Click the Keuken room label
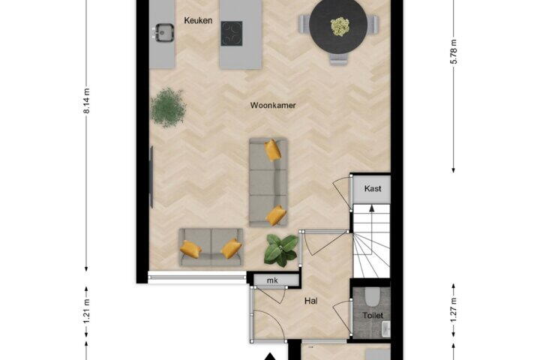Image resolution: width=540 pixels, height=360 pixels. [x=198, y=20]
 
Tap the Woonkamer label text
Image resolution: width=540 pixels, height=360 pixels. [x=273, y=106]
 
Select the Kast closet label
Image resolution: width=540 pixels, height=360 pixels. [x=373, y=188]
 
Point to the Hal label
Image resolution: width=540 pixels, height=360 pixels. [x=311, y=301]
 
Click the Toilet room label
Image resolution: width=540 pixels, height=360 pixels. [x=373, y=315]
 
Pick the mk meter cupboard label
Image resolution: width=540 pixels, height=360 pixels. [x=272, y=280]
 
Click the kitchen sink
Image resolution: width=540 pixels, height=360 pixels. [x=164, y=33]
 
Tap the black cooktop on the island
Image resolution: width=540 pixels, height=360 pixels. [x=232, y=34]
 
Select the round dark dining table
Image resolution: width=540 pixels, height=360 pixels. [x=338, y=26]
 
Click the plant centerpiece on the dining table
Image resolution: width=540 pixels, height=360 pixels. [x=340, y=26]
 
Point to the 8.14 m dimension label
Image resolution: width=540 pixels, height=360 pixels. [x=86, y=101]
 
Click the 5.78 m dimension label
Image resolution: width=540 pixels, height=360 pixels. [x=454, y=52]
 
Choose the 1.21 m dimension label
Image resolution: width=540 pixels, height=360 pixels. [x=86, y=311]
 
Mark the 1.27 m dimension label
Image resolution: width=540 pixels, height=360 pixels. [x=454, y=310]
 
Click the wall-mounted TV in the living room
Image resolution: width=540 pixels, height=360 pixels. [x=151, y=177]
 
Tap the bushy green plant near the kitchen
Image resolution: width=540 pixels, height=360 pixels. [x=168, y=107]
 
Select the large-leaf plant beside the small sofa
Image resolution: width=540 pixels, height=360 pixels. [x=281, y=250]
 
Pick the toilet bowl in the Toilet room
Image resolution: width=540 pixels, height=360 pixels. [x=372, y=297]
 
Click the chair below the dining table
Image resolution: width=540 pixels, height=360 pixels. [x=337, y=58]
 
